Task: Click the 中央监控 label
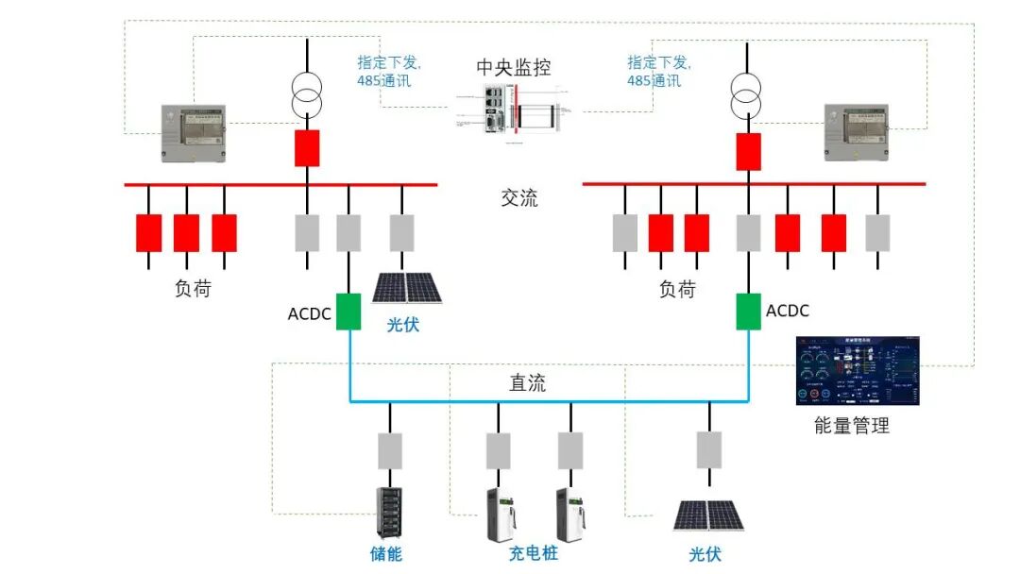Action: point(513,68)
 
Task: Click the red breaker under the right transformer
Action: point(748,151)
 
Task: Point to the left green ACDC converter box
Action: point(348,312)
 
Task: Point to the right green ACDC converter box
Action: point(748,311)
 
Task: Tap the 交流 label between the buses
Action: point(518,198)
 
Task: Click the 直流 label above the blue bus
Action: point(527,383)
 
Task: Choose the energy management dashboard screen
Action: point(858,370)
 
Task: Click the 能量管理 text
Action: point(851,426)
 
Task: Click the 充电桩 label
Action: point(533,553)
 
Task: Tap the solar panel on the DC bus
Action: point(708,515)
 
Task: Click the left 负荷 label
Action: point(193,289)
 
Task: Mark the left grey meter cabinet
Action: point(194,133)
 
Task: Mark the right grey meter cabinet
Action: point(856,132)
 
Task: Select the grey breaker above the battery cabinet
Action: point(389,451)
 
